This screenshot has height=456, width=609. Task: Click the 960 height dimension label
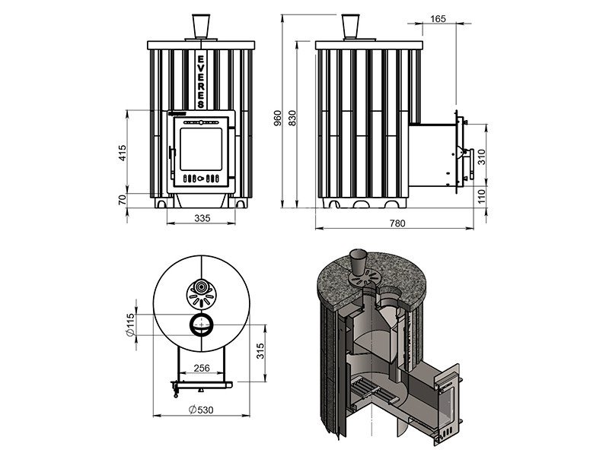[278, 118]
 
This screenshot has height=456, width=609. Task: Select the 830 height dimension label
[292, 118]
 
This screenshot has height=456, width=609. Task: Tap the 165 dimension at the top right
[438, 18]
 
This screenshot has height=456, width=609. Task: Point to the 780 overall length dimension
[397, 223]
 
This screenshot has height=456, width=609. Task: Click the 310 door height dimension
[482, 157]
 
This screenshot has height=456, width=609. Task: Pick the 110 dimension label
[482, 196]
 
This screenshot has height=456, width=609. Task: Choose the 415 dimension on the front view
[123, 153]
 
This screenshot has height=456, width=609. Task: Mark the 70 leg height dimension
[123, 200]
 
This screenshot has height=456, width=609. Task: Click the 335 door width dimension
[202, 218]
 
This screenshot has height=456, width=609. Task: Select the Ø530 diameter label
[201, 410]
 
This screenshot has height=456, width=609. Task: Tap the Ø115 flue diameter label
[130, 325]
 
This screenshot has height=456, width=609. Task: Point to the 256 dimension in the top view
[202, 368]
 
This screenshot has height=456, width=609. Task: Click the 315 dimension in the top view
[260, 351]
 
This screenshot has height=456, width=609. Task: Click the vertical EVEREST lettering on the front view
[201, 82]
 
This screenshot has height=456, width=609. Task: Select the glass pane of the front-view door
[201, 149]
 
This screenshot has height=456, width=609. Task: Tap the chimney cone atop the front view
[201, 27]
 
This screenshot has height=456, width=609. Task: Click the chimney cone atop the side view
[351, 27]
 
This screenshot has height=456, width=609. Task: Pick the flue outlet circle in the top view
[201, 325]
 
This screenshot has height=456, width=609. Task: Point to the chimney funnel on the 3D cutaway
[358, 262]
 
